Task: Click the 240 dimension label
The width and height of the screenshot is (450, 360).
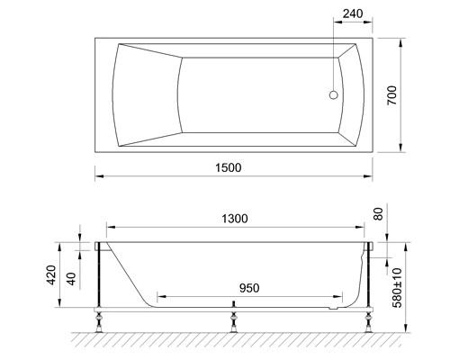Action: pos(353,13)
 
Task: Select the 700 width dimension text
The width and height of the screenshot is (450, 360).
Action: pos(391,95)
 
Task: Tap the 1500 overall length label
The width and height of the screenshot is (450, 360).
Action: pos(229,167)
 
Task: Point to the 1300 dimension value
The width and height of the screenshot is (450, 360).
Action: pos(235,219)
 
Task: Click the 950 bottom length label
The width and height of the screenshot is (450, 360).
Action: pos(249,288)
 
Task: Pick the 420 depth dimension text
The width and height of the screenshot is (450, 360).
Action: pos(51,274)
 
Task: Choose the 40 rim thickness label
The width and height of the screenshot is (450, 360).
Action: pos(71,278)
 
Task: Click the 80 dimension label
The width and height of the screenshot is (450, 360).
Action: pos(379,214)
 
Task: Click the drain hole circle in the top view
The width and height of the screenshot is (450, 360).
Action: pos(334,95)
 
